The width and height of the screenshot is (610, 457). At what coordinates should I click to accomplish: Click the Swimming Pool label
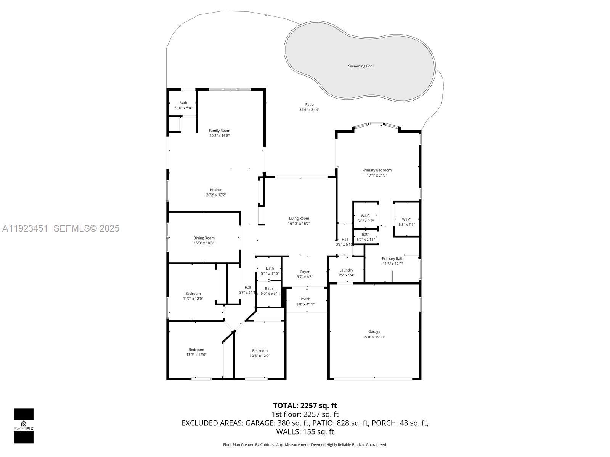(361, 66)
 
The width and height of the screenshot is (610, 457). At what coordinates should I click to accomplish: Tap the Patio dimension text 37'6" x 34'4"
(309, 110)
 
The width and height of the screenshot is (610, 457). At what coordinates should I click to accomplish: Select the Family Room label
(219, 131)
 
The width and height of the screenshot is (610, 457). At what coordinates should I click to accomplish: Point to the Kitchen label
(216, 190)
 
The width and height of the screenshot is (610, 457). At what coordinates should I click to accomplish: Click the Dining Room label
(204, 238)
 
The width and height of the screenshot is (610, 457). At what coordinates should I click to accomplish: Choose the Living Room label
(299, 219)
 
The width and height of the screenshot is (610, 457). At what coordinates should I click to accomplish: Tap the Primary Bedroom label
(377, 170)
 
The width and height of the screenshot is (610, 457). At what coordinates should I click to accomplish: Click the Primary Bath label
(393, 259)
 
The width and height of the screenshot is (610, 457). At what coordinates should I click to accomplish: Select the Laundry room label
(346, 270)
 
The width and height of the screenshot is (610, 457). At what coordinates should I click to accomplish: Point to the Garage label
(374, 332)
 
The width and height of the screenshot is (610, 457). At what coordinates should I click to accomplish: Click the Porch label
(305, 299)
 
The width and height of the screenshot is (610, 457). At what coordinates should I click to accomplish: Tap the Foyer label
(305, 272)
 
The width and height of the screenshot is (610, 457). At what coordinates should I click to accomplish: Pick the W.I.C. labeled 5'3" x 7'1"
(406, 219)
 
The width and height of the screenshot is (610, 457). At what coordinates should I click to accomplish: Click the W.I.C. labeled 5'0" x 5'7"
(365, 216)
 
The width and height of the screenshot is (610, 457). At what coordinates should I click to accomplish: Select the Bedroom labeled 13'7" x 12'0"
(196, 350)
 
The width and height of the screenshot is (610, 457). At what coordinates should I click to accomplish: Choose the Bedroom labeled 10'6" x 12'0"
(260, 351)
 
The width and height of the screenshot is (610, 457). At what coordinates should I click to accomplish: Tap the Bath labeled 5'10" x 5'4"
(183, 103)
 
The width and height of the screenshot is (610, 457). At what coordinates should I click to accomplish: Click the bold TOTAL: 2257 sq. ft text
(305, 406)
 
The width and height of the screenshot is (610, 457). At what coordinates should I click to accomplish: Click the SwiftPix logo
(24, 426)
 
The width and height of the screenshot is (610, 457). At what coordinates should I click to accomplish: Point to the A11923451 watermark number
(25, 228)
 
